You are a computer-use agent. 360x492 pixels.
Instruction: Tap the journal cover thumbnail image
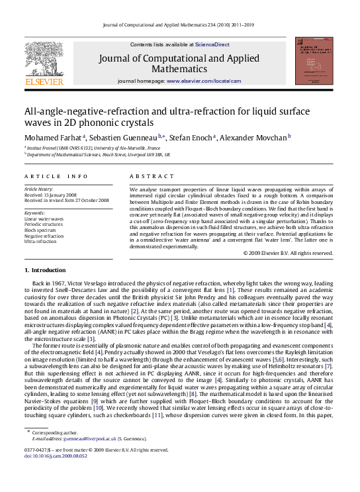point(314,60)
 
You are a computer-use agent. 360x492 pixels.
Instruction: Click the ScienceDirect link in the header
point(211,44)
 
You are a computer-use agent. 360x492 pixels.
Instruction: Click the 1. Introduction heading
point(45,270)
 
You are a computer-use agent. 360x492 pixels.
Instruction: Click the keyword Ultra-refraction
point(41,242)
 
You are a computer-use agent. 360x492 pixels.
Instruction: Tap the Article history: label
point(40,189)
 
